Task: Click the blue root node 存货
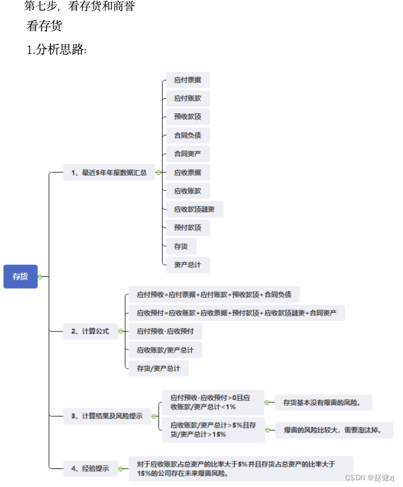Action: click(x=20, y=276)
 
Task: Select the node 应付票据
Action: click(x=188, y=80)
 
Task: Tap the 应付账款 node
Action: click(x=188, y=98)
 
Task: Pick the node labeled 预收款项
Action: click(x=188, y=117)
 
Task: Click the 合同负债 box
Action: click(x=188, y=135)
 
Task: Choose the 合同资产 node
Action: click(x=188, y=153)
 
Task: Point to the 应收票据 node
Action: click(x=188, y=172)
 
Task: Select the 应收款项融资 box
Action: click(x=195, y=210)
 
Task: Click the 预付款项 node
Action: click(x=188, y=227)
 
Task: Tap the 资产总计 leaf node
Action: click(x=188, y=265)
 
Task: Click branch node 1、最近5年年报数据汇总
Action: click(x=109, y=172)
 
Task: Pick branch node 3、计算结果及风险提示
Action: click(x=107, y=416)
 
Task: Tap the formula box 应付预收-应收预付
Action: click(x=165, y=331)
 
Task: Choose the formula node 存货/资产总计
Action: click(x=158, y=368)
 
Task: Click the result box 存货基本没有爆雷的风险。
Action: click(x=323, y=402)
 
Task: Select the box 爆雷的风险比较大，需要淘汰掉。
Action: click(x=333, y=430)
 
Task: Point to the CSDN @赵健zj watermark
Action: click(x=370, y=477)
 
